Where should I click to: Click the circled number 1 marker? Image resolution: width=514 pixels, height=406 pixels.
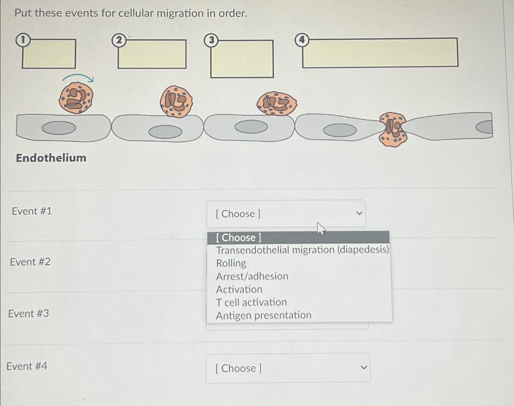[23, 40]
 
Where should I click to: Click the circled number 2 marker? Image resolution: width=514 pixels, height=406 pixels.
[119, 40]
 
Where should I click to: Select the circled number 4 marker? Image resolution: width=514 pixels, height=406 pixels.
[302, 40]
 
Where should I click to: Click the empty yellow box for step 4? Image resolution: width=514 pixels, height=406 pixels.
[380, 53]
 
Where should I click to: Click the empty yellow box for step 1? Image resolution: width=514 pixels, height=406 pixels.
[49, 54]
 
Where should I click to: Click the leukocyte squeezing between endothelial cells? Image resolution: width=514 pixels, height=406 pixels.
[393, 129]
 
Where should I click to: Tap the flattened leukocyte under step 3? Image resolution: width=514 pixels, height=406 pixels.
[277, 104]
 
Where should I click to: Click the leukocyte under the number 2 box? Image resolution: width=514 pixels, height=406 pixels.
[176, 102]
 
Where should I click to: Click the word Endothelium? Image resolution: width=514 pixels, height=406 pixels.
[51, 158]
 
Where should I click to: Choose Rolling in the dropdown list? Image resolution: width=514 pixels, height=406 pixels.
[231, 263]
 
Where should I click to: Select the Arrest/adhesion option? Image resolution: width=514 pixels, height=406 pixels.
[252, 276]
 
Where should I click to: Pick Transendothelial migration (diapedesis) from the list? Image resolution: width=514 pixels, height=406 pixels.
[302, 250]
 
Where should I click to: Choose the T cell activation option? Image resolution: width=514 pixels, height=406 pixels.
[251, 302]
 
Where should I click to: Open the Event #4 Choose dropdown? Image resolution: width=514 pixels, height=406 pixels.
[288, 368]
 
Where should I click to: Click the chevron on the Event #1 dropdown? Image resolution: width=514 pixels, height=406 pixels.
[359, 213]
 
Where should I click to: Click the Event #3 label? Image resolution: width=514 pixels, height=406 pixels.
[28, 314]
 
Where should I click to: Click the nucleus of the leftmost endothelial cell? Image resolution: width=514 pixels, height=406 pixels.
[59, 128]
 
